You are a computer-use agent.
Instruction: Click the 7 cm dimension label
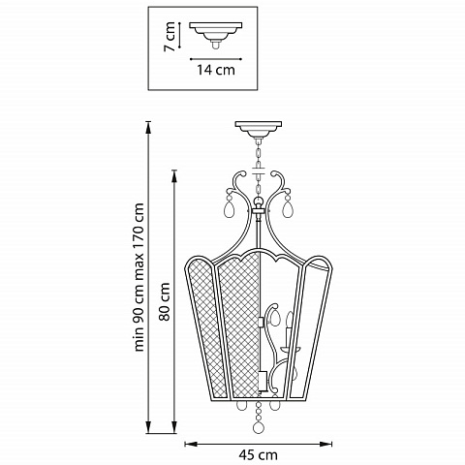pos(169,36)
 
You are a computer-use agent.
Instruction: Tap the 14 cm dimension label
pos(216,70)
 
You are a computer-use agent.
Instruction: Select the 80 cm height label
pos(165,301)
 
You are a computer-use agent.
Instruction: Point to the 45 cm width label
pos(259,455)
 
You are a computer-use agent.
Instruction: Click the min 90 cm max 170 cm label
pos(139,277)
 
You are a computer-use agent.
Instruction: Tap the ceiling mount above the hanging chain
pos(259,129)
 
